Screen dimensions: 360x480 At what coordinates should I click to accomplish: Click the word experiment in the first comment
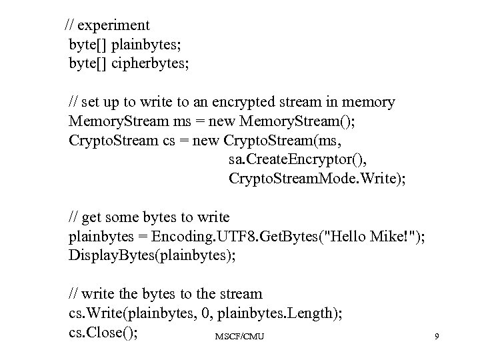(114, 25)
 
